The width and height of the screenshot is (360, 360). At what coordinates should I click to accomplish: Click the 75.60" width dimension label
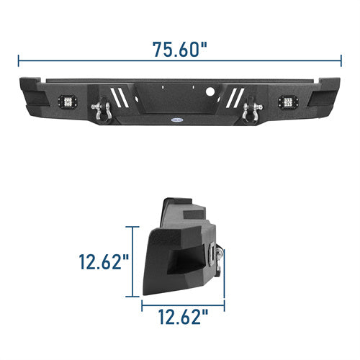179,50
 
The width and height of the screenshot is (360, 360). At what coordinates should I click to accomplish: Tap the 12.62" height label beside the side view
104,261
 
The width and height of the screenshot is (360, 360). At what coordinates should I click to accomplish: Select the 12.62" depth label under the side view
183,317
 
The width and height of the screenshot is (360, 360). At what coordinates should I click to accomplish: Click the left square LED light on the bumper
68,102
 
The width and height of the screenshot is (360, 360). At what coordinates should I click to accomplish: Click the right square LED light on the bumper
288,102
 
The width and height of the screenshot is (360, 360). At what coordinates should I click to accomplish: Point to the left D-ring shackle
102,109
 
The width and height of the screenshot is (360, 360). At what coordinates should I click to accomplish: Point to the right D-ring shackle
252,110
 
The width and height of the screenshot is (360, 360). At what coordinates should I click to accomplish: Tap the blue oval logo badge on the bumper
177,119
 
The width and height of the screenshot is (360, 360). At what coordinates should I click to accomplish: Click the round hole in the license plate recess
210,91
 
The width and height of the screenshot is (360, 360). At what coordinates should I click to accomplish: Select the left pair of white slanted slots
120,97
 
